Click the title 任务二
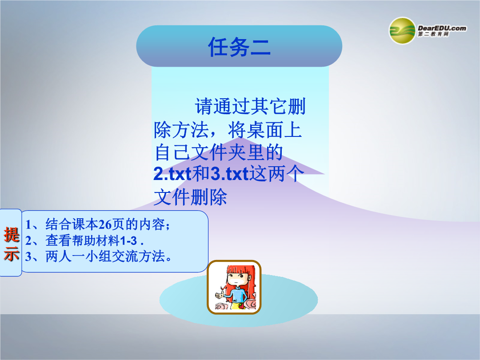click(239, 47)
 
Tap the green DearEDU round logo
click(402, 31)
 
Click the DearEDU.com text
click(442, 28)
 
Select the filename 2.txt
click(172, 174)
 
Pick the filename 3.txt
click(229, 174)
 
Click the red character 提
click(12, 235)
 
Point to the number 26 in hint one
click(105, 225)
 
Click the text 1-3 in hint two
click(128, 241)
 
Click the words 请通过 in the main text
click(223, 106)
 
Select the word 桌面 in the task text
click(264, 130)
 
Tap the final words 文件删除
click(190, 197)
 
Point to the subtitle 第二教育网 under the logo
click(433, 34)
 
